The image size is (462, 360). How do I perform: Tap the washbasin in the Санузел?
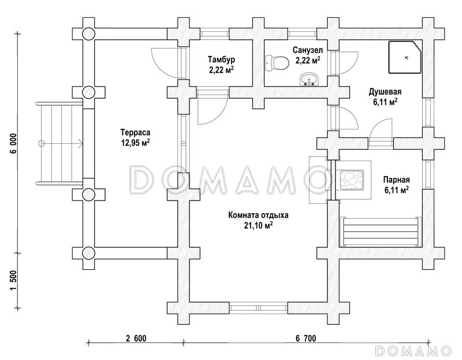pyautogui.click(x=309, y=79)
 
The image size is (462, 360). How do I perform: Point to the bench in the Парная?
pyautogui.click(x=379, y=229)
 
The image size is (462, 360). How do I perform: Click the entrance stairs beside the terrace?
pyautogui.click(x=59, y=143)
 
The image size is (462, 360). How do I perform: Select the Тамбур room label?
pyautogui.click(x=222, y=60)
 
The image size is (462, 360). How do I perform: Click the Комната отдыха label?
pyautogui.click(x=258, y=215)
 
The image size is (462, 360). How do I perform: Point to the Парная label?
pyautogui.click(x=396, y=179)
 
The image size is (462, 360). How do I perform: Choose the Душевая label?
pyautogui.click(x=385, y=91)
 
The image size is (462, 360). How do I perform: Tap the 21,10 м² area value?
pyautogui.click(x=258, y=225)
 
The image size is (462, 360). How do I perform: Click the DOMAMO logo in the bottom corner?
pyautogui.click(x=413, y=350)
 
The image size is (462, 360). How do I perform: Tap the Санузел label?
pyautogui.click(x=307, y=50)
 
